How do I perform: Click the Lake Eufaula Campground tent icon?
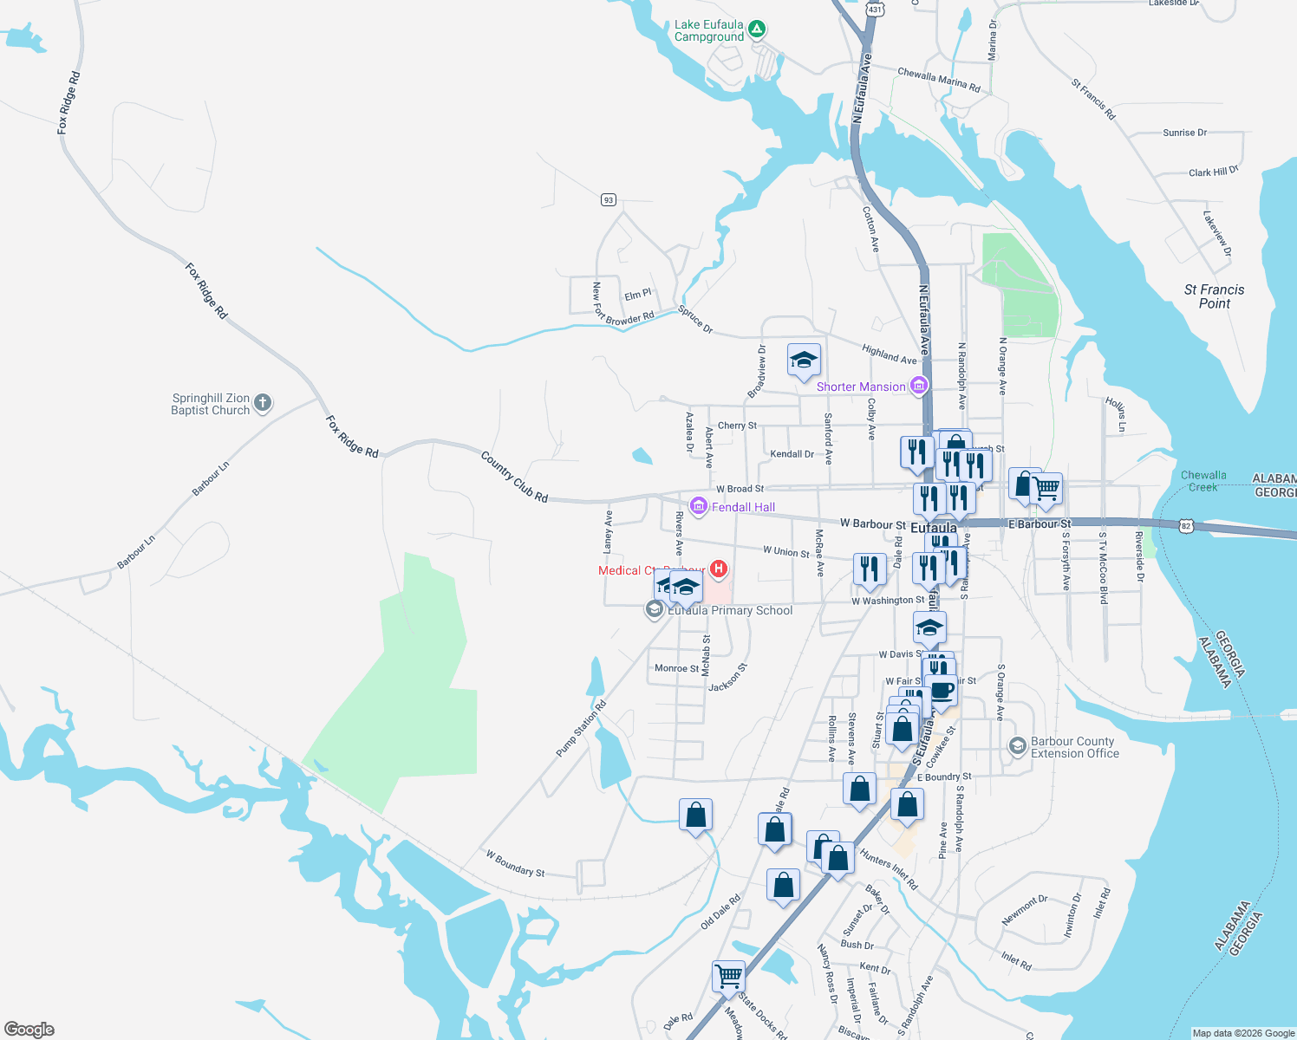coord(757,29)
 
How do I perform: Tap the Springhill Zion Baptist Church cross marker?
coord(263,403)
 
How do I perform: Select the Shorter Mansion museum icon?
coord(919,386)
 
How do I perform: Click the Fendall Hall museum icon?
coord(698,506)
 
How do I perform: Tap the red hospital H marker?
coord(718,569)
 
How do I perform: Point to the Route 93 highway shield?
coord(608,200)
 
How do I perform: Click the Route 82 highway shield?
coord(1185,526)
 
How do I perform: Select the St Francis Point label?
coord(1214,296)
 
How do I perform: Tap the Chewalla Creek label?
coord(1203,481)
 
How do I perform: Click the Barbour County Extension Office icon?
coord(1018,745)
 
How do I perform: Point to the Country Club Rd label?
coord(514,477)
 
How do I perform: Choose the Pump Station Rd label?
coord(581,728)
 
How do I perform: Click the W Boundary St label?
coord(515,863)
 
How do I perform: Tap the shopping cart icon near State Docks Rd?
coord(728,975)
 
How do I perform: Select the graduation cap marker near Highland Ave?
coord(804,360)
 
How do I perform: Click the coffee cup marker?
coord(942,692)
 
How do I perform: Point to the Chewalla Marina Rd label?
coord(939,80)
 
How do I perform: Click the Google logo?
coord(29,1030)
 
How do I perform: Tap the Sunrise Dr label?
coord(1184,133)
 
